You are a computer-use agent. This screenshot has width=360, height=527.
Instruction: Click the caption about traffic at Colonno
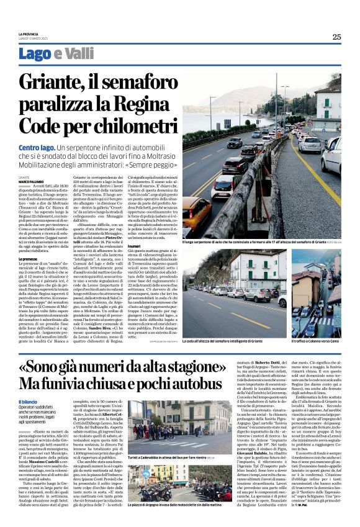(x=307, y=341)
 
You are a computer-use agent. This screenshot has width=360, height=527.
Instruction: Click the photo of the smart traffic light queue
(x=236, y=292)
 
